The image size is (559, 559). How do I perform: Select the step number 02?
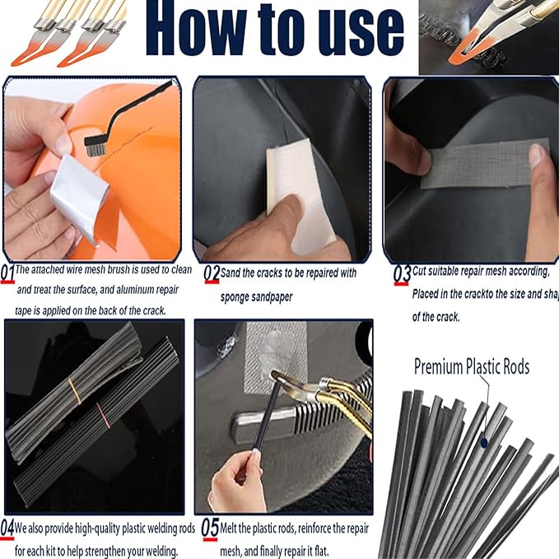(212, 273)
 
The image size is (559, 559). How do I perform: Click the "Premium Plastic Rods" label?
(471, 366)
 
